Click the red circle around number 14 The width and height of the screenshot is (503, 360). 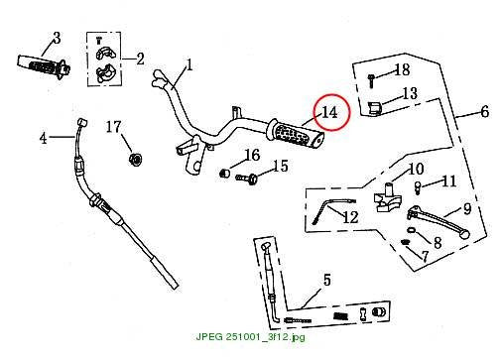click(x=314, y=112)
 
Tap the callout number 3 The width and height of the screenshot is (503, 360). click(x=57, y=38)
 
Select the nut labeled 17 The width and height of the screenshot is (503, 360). click(x=135, y=160)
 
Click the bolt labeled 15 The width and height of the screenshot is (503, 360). click(x=247, y=179)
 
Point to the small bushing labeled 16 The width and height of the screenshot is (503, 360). click(x=225, y=173)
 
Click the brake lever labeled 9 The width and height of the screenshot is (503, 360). click(x=438, y=220)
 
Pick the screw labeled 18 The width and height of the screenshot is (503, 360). click(x=371, y=80)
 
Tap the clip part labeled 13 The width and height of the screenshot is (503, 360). click(x=375, y=108)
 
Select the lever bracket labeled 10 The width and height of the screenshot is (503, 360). click(x=387, y=197)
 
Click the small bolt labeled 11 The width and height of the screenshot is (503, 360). click(x=418, y=187)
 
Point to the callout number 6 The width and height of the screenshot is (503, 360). click(x=484, y=112)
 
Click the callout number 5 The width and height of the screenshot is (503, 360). click(x=326, y=280)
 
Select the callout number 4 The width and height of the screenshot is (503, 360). click(x=44, y=138)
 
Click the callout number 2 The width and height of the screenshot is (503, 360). click(x=141, y=60)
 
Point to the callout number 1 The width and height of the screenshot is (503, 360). click(x=189, y=65)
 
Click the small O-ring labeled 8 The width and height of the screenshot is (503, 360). click(x=410, y=230)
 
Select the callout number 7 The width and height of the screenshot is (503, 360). click(x=426, y=256)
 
